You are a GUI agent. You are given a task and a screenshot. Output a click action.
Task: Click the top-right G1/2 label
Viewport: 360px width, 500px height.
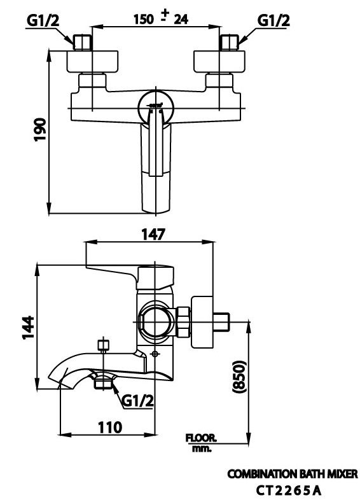[x=273, y=21]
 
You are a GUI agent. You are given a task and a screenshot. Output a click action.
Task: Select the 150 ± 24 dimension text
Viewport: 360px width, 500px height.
[x=160, y=18]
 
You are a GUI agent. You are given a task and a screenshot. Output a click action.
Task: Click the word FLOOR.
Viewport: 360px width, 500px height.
[x=201, y=438]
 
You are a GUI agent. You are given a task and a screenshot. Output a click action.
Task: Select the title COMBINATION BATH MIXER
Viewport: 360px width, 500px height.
[x=293, y=474]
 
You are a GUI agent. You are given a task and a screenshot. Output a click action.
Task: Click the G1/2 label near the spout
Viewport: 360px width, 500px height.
[x=137, y=401]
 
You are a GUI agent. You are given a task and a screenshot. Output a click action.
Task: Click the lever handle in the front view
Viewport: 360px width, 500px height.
[x=154, y=165]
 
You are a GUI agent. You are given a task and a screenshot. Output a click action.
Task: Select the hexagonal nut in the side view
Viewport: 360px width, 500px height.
[x=183, y=323]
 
